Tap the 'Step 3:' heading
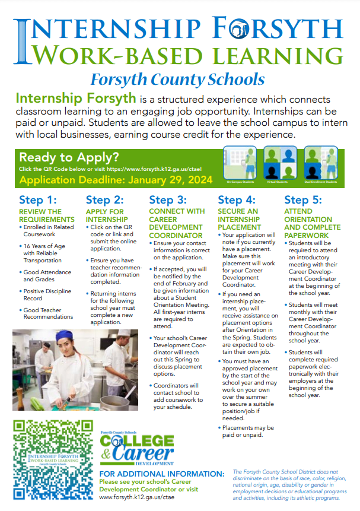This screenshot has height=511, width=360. pos(168,201)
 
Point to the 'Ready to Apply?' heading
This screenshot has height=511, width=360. pos(69,158)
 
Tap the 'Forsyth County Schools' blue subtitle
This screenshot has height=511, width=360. pos(177,79)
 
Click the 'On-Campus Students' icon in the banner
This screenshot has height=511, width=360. pos(240,164)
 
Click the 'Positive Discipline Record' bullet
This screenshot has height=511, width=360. pos(47,294)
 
